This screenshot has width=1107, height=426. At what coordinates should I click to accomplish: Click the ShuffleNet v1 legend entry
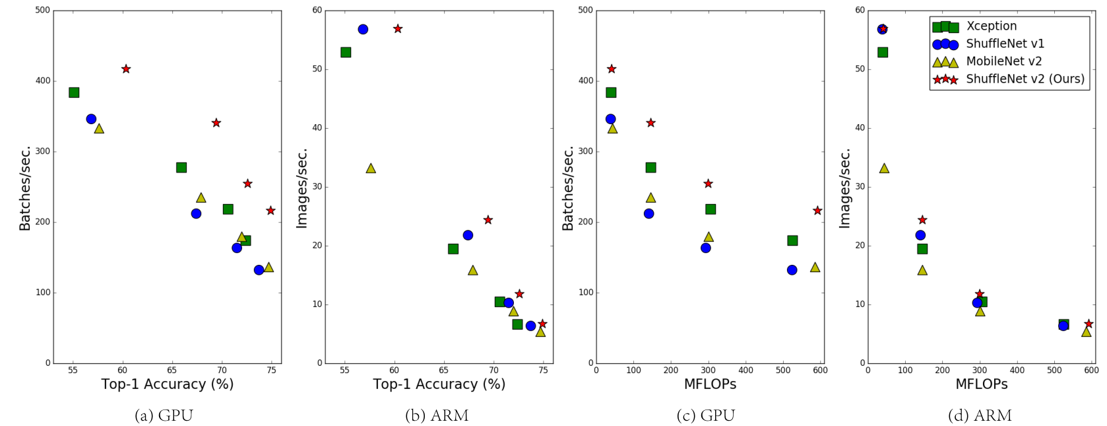click(x=1005, y=44)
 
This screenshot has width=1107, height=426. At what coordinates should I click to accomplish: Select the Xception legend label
click(x=991, y=26)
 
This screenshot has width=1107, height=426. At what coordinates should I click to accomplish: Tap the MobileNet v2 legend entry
click(x=1003, y=61)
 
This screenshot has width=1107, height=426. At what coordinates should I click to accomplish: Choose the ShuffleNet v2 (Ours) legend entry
click(x=1025, y=79)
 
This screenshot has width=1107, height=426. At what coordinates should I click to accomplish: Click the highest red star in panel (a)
click(x=126, y=69)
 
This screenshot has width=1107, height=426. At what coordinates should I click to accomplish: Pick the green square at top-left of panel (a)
click(x=74, y=92)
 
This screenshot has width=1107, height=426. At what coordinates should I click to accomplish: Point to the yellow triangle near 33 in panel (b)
click(x=371, y=168)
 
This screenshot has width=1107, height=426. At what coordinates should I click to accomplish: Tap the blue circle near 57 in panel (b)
click(x=363, y=29)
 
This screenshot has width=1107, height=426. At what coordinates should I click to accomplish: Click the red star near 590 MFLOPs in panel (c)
click(x=817, y=211)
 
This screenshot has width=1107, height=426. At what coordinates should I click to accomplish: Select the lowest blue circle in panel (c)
click(x=792, y=270)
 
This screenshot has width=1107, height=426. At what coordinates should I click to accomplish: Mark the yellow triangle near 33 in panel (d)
click(x=884, y=168)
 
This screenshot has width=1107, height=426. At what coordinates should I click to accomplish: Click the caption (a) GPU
click(x=164, y=415)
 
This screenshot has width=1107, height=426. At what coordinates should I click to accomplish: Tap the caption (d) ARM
click(x=979, y=415)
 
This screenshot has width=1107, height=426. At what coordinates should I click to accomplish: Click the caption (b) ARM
click(x=436, y=415)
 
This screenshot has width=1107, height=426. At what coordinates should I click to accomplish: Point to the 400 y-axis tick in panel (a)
click(x=43, y=81)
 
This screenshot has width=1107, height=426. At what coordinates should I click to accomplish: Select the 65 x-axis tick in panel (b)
click(x=444, y=371)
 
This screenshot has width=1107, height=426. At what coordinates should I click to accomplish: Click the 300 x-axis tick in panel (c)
click(x=709, y=371)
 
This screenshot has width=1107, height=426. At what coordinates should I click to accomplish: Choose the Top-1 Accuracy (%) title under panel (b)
click(x=439, y=384)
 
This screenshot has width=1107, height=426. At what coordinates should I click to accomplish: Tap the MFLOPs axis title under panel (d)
click(x=981, y=384)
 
